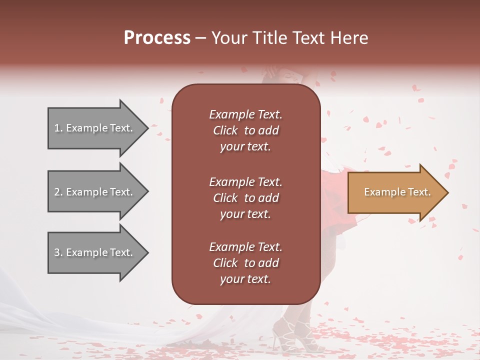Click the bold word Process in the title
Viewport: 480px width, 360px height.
(x=157, y=38)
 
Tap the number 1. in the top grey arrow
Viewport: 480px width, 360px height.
(x=58, y=128)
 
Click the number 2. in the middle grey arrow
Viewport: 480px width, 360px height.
(x=58, y=192)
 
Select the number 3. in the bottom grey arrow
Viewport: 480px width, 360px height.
(x=58, y=252)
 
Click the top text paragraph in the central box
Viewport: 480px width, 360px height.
(x=245, y=130)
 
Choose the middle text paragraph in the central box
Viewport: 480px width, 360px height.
(x=245, y=197)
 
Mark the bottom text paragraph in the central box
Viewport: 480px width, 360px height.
(x=245, y=263)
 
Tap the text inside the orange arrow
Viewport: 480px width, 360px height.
(x=397, y=192)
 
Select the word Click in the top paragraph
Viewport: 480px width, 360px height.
(x=225, y=130)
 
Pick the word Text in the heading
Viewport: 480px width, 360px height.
(x=306, y=38)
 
